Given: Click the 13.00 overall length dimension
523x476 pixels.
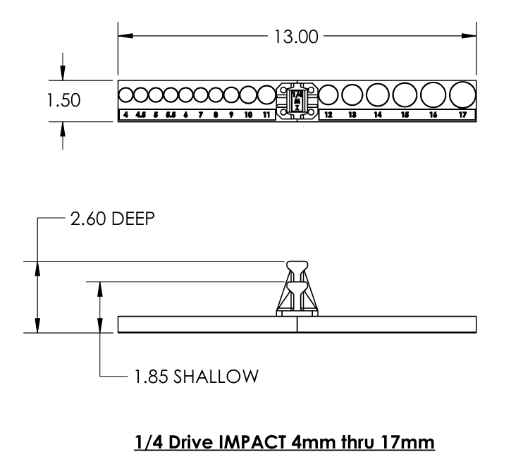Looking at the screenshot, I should [x=295, y=37].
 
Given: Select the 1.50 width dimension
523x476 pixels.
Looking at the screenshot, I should [x=63, y=100].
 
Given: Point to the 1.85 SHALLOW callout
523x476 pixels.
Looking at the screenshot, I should [x=192, y=376].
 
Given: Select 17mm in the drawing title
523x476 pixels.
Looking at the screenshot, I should [x=413, y=443].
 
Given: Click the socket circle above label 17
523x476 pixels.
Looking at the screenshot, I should [x=462, y=94].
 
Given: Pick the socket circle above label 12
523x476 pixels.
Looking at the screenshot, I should [x=328, y=94].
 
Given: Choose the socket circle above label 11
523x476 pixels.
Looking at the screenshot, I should [x=266, y=94].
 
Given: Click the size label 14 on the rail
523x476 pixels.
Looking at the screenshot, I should [x=378, y=114].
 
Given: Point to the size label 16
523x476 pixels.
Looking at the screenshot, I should [x=433, y=114].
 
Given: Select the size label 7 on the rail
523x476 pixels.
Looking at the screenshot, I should [x=200, y=114].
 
